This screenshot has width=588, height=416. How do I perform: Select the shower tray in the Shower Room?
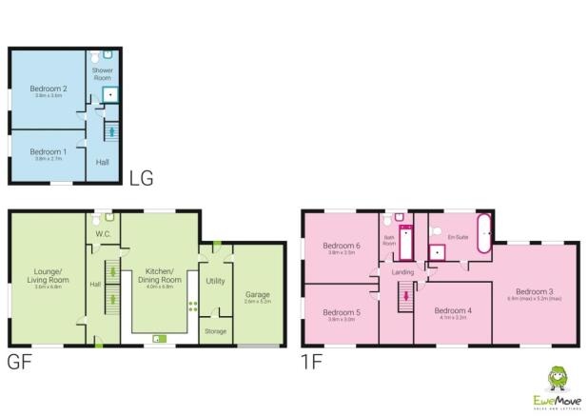tap(110, 94)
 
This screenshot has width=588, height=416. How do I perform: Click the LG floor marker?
tap(141, 177)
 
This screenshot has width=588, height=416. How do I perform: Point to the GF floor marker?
tap(21, 362)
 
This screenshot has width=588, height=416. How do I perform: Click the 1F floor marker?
tap(314, 362)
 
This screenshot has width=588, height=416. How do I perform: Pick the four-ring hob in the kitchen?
tap(193, 307)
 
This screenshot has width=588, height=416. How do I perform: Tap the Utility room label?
tap(215, 281)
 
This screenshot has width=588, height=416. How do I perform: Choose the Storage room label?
tap(215, 330)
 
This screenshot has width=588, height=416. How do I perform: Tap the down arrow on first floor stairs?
tap(407, 295)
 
